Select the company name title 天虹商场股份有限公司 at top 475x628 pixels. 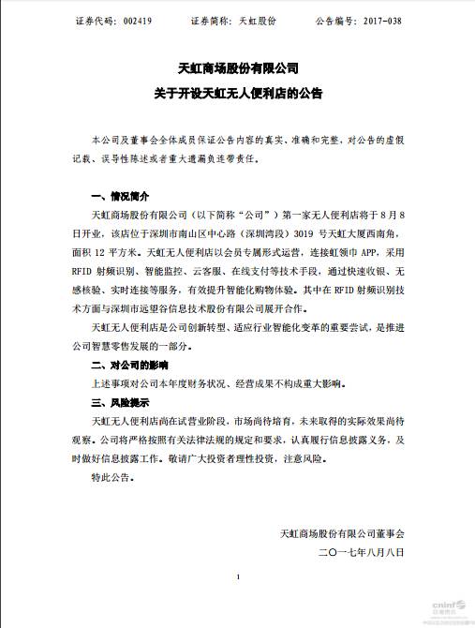click(x=238, y=68)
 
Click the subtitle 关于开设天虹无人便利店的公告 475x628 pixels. click(x=238, y=93)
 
